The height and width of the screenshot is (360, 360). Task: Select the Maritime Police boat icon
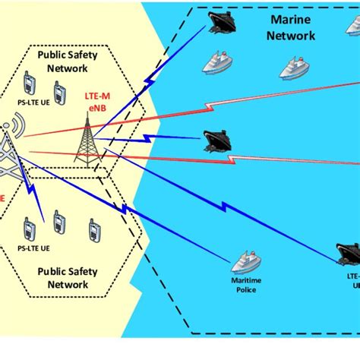(247, 262)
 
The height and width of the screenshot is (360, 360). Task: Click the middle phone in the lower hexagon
(58, 223)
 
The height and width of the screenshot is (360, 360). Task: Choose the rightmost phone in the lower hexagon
(94, 229)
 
